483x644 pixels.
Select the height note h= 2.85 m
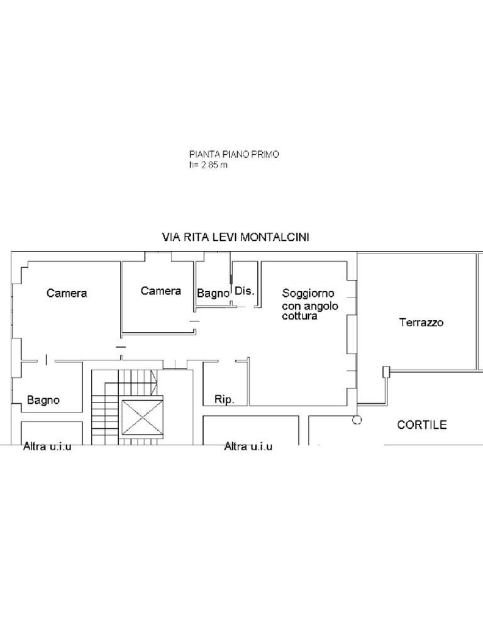pyautogui.click(x=207, y=165)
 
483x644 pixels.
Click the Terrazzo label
pyautogui.click(x=421, y=323)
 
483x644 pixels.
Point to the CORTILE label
pyautogui.click(x=422, y=425)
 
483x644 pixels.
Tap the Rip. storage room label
pyautogui.click(x=225, y=400)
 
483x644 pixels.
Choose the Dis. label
pyautogui.click(x=245, y=291)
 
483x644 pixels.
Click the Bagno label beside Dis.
pyautogui.click(x=213, y=293)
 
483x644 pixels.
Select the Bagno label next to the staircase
pyautogui.click(x=43, y=400)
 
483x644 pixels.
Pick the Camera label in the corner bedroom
pyautogui.click(x=67, y=293)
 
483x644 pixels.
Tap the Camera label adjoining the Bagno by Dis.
pyautogui.click(x=161, y=291)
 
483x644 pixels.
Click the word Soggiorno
pyautogui.click(x=308, y=293)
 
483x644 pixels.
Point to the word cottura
pyautogui.click(x=299, y=317)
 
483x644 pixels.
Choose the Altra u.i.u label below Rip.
pyautogui.click(x=248, y=447)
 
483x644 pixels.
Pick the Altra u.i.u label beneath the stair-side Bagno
pyautogui.click(x=47, y=447)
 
